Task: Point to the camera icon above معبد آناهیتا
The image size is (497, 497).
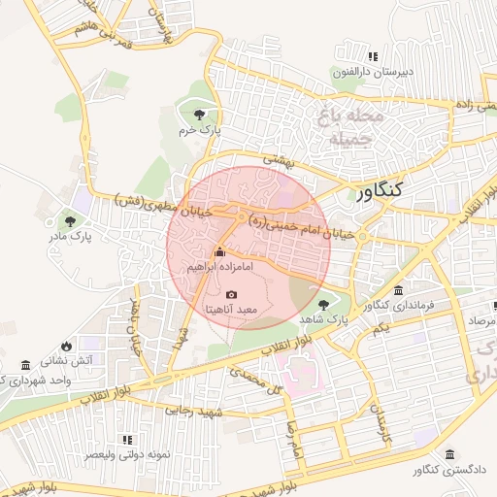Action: tap(231, 294)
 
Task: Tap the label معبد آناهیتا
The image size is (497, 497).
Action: tap(230, 309)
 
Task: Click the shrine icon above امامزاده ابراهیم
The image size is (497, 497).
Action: tap(218, 252)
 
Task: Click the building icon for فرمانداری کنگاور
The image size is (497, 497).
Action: tap(399, 291)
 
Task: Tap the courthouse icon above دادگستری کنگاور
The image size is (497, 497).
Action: tap(448, 454)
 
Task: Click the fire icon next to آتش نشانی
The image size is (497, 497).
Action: tap(66, 346)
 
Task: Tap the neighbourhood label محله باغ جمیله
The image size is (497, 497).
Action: tap(346, 127)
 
